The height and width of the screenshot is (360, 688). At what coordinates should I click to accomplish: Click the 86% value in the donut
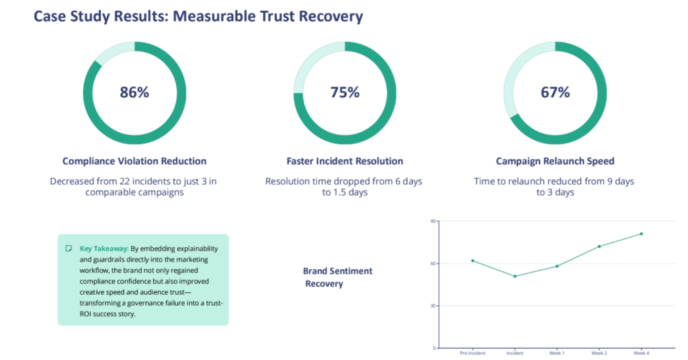pos(134,92)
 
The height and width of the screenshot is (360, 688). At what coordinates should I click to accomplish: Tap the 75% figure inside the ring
pos(345,92)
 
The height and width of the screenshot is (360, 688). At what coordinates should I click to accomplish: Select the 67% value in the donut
pos(555,92)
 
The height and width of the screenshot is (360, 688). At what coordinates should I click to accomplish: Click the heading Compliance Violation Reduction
pos(134,161)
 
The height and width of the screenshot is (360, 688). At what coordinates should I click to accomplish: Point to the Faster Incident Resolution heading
pos(345,161)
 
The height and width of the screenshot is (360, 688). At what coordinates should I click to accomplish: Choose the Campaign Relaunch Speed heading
pos(555,161)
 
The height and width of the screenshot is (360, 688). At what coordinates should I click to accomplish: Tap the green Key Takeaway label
pos(104,249)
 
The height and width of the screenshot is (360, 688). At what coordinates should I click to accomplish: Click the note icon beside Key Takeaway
pos(69,249)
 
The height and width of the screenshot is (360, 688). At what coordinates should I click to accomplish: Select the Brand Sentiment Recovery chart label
pos(337,277)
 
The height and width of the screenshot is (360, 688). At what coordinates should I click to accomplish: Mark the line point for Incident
pos(515,276)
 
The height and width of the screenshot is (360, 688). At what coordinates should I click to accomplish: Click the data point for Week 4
pos(641,234)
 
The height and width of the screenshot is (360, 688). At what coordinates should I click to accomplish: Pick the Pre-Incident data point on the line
pos(472,261)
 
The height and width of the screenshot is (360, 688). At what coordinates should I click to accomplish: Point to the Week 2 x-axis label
pos(599,353)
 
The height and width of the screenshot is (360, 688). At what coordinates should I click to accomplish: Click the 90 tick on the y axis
pos(433,222)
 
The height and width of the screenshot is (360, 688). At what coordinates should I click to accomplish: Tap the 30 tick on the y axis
pos(433,306)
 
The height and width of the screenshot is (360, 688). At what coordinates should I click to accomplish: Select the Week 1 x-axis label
pos(557,353)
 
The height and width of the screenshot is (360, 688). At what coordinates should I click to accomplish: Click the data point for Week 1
pos(557,266)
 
